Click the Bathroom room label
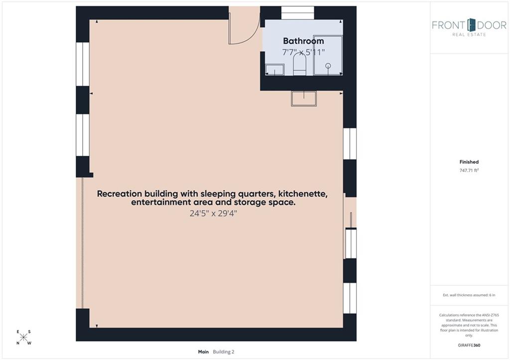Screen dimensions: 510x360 click(303, 41)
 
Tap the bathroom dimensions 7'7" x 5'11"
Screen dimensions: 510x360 click(303, 52)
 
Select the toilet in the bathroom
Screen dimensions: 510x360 click(299, 64)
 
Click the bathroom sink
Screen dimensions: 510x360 click(275, 70)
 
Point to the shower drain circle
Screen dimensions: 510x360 click(328, 66)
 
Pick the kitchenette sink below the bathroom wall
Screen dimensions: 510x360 click(304, 99)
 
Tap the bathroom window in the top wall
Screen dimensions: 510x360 click(298, 13)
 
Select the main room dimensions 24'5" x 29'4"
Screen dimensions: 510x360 click(213, 214)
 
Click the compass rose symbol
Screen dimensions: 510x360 click(23, 337)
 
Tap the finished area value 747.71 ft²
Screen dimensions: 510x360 click(469, 170)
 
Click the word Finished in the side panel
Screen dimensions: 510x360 click(469, 162)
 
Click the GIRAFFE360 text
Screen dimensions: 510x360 click(469, 346)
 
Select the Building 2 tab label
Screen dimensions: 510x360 click(224, 352)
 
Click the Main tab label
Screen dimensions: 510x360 click(203, 352)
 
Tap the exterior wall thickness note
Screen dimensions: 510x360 click(469, 295)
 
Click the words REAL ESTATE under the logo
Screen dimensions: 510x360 click(469, 34)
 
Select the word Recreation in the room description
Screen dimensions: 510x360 click(120, 194)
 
